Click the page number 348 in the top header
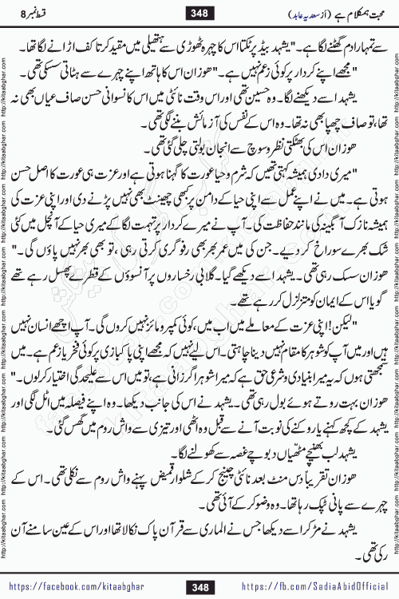199,12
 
